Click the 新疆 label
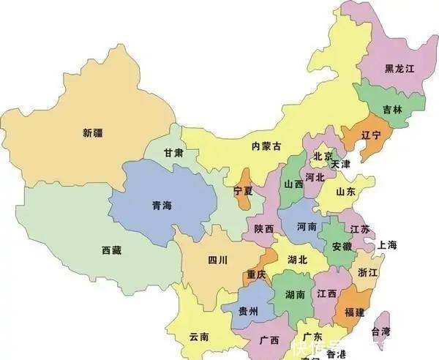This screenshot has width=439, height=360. [93, 132]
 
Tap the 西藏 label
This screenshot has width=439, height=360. [112, 250]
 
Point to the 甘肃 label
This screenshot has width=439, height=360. [173, 153]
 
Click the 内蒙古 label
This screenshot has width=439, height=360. [266, 146]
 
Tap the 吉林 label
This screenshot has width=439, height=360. [392, 109]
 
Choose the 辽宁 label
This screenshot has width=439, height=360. [371, 135]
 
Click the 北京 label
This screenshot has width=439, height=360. [323, 156]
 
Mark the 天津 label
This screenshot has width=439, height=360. [340, 165]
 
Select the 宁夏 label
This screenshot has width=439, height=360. [244, 190]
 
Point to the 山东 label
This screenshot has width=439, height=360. [345, 192]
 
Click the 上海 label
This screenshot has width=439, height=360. [386, 244]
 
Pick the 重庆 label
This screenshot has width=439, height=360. [256, 274]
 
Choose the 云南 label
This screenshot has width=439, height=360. [199, 337]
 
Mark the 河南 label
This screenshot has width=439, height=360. [307, 228]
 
